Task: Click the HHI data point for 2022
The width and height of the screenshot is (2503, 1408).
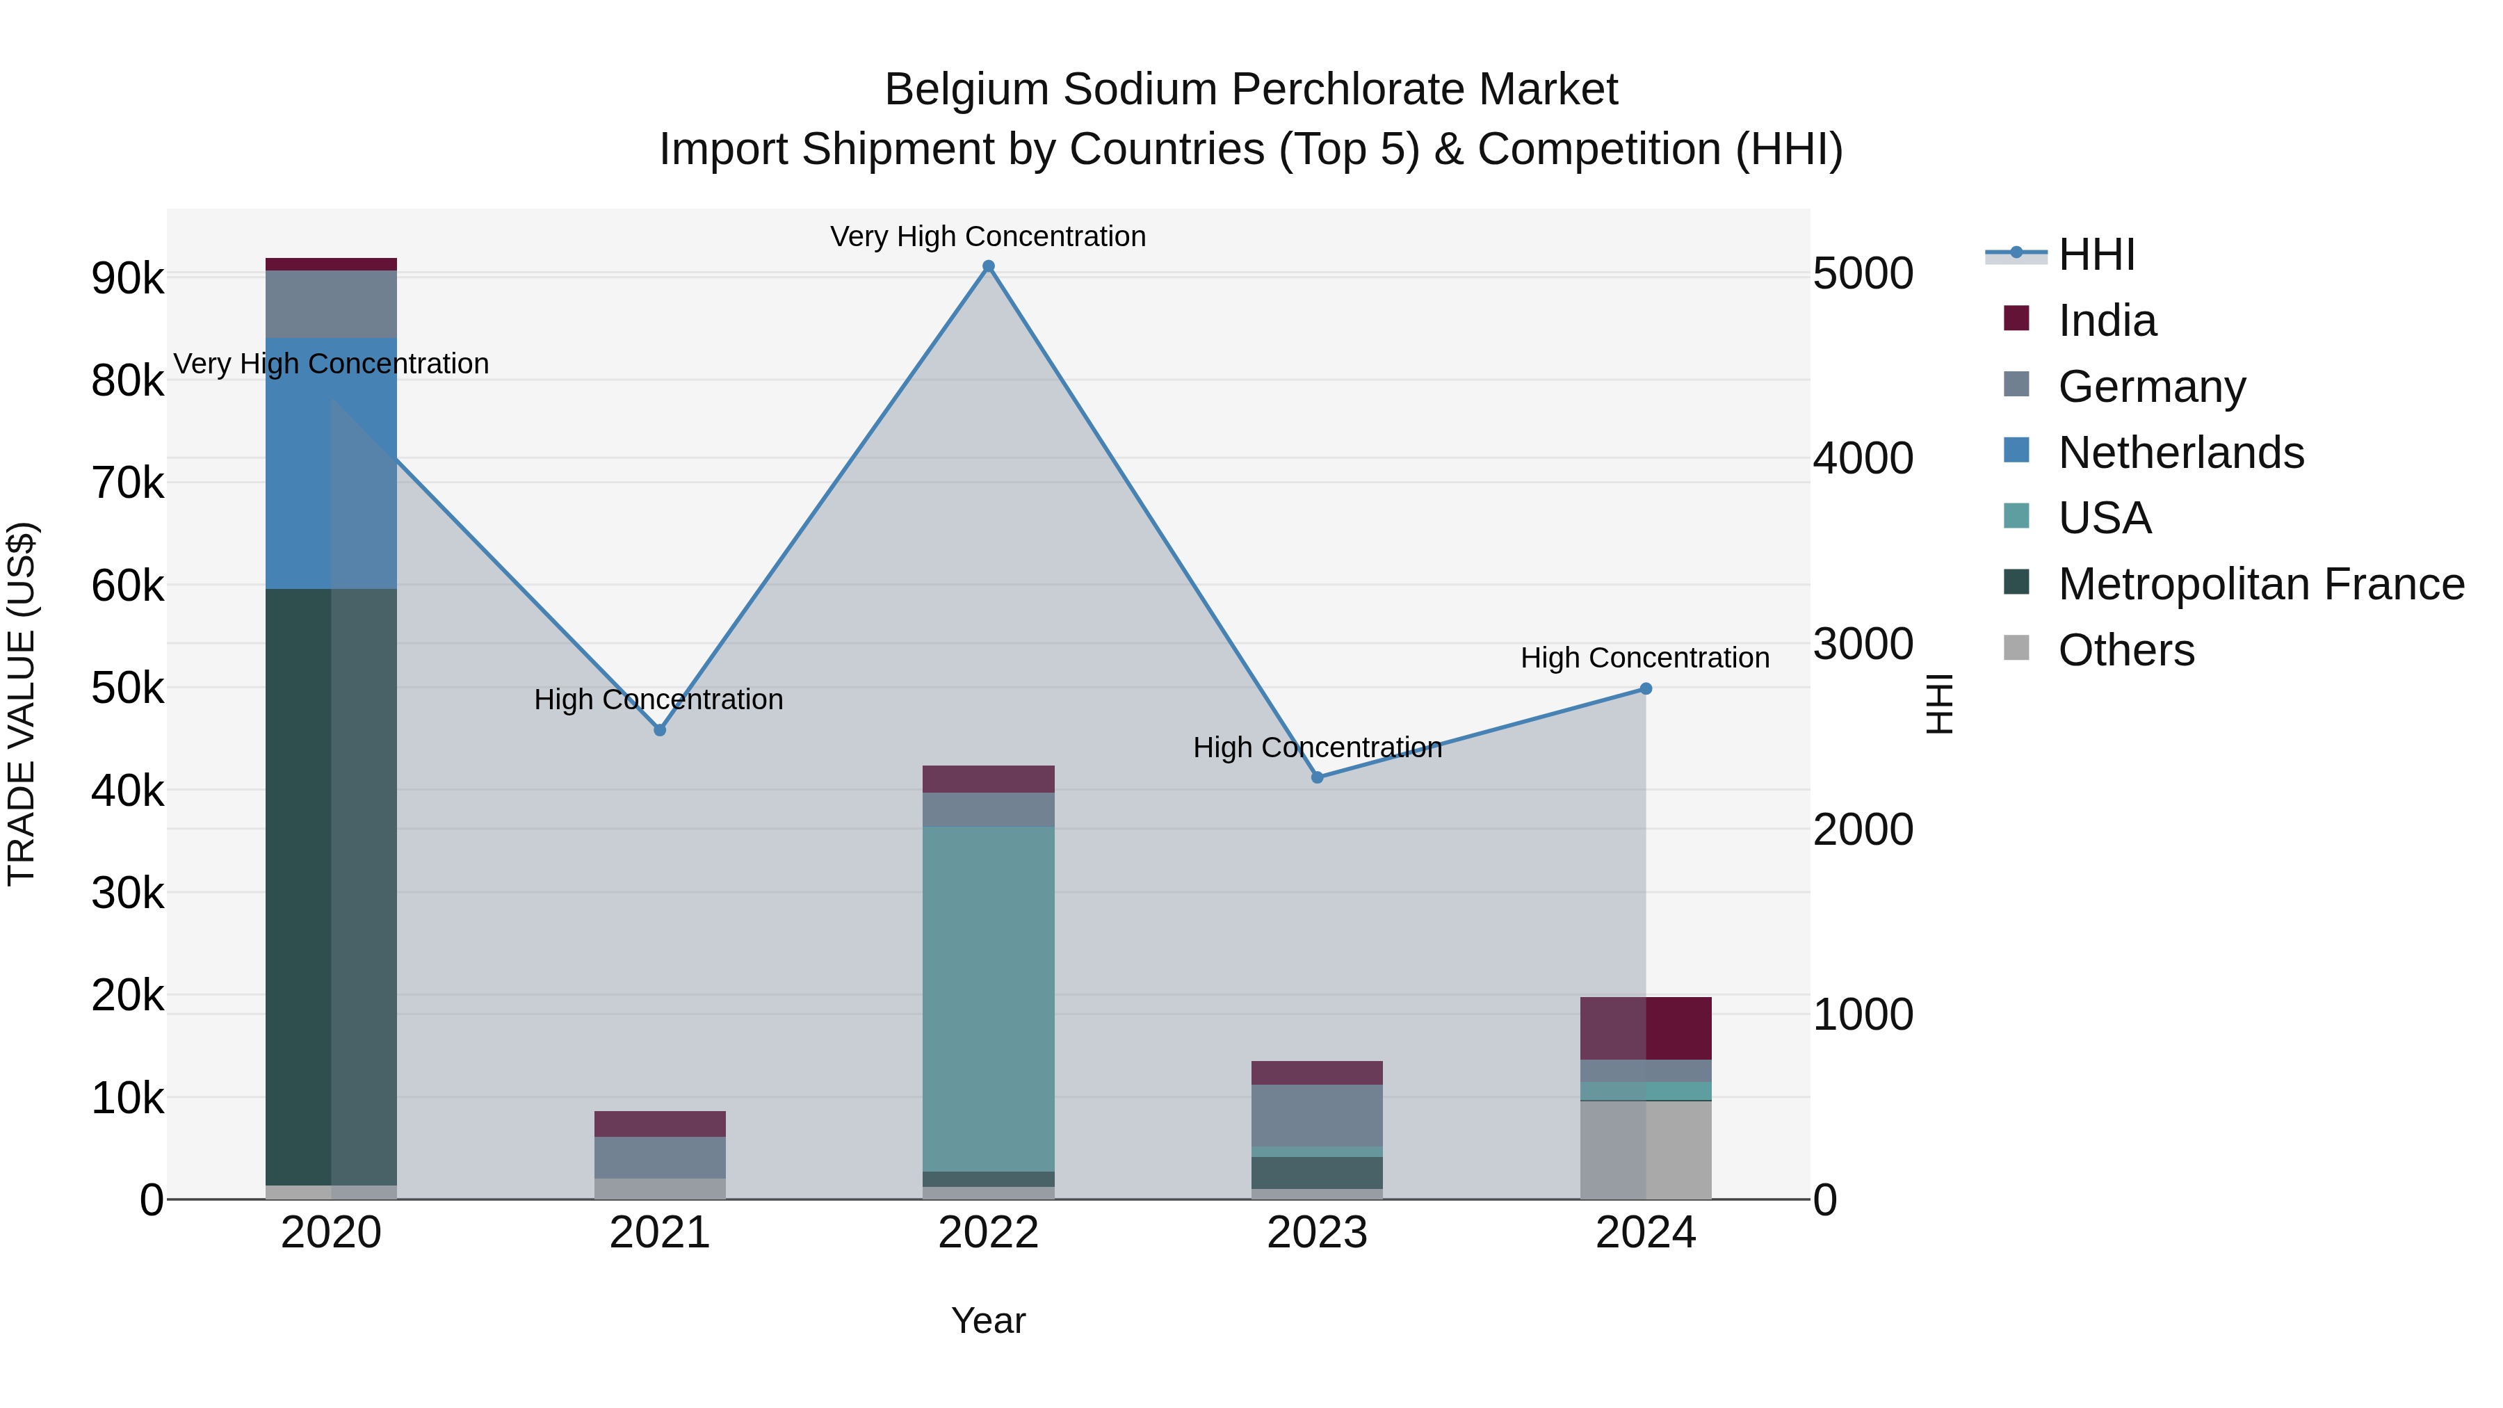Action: (988, 266)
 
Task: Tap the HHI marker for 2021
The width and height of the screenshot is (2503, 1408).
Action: (660, 730)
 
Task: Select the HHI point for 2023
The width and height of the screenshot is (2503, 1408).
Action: (1318, 777)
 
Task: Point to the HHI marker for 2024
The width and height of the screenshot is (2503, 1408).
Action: (1646, 689)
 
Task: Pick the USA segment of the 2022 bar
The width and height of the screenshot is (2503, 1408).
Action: (988, 999)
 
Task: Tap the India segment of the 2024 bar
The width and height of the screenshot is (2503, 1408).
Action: (1646, 1028)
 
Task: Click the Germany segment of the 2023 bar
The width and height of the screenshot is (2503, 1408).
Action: (1318, 1115)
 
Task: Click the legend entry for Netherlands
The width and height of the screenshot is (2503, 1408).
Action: (2180, 453)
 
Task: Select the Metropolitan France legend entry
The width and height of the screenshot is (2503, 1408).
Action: (2261, 584)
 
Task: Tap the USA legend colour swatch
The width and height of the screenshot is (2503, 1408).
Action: (2016, 517)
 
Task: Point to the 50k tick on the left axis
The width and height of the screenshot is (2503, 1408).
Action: (128, 689)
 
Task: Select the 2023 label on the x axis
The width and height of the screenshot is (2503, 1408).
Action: (1318, 1233)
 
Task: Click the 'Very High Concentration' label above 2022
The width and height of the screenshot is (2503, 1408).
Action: (988, 237)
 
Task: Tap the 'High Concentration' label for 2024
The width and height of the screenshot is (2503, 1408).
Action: (1645, 658)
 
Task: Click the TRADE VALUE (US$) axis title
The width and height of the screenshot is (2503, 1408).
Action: (22, 704)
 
